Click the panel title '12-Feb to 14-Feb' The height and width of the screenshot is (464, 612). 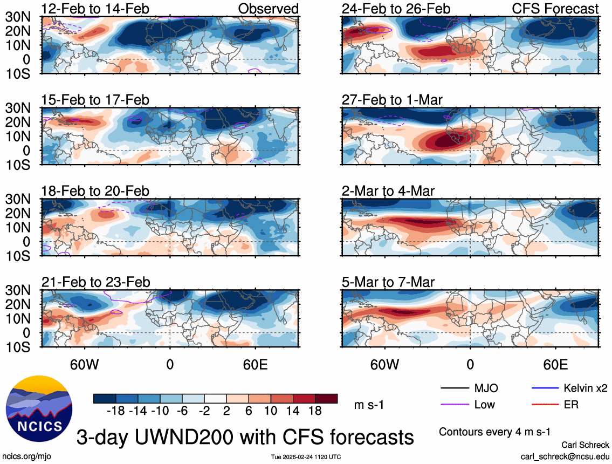tap(95, 9)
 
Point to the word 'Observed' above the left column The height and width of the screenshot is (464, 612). tap(268, 9)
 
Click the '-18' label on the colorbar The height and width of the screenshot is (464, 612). tap(116, 411)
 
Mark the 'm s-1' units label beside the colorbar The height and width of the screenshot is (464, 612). tap(370, 405)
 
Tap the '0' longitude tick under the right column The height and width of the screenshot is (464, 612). tap(470, 364)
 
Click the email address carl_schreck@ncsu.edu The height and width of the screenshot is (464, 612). tap(565, 456)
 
